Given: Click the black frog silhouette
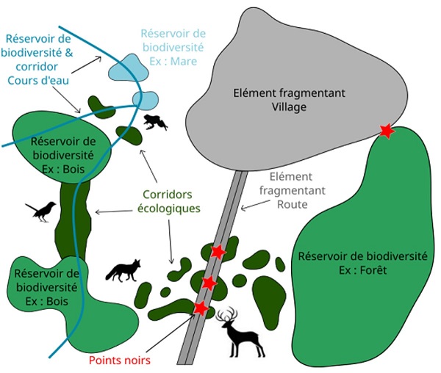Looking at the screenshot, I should [x=155, y=122].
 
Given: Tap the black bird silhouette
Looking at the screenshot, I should [x=42, y=211].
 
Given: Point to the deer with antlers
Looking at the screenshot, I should [x=243, y=334].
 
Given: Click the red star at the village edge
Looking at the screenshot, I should [x=386, y=131].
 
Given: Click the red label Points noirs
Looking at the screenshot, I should [x=119, y=361].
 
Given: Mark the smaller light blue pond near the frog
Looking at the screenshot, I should [x=146, y=99].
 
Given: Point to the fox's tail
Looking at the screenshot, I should [x=111, y=275].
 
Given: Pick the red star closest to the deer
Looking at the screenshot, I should [x=200, y=308].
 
